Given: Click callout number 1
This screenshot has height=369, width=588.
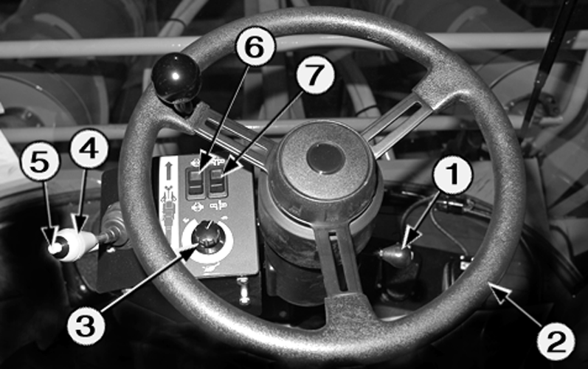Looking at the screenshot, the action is point(453,175).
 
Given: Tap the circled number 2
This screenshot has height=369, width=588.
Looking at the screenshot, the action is point(556,341).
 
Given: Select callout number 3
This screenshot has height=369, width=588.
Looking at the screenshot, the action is point(86,325).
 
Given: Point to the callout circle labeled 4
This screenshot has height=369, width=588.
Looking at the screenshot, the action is point(89,148).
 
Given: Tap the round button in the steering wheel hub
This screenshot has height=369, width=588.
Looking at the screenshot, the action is point(325,158).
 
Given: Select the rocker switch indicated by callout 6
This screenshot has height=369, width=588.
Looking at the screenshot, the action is point(196,182).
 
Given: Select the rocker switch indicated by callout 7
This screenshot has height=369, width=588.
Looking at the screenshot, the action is point(218,182).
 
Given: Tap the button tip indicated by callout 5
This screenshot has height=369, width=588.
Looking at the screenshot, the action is point(55,248).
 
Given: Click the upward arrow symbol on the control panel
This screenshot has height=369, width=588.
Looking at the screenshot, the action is point(168,170).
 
